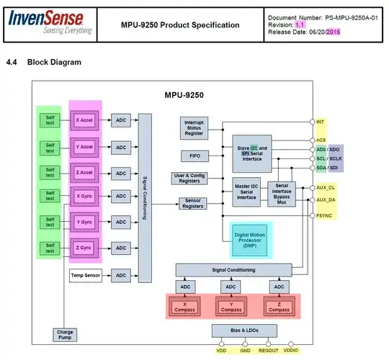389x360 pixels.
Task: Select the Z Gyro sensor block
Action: pos(86,248)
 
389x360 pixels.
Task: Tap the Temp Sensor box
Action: pos(86,274)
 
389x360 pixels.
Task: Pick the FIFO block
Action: pos(194,156)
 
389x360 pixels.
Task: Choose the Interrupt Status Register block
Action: pos(194,127)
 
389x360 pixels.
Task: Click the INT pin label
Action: pos(321,122)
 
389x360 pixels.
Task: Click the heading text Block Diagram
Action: pos(54,63)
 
